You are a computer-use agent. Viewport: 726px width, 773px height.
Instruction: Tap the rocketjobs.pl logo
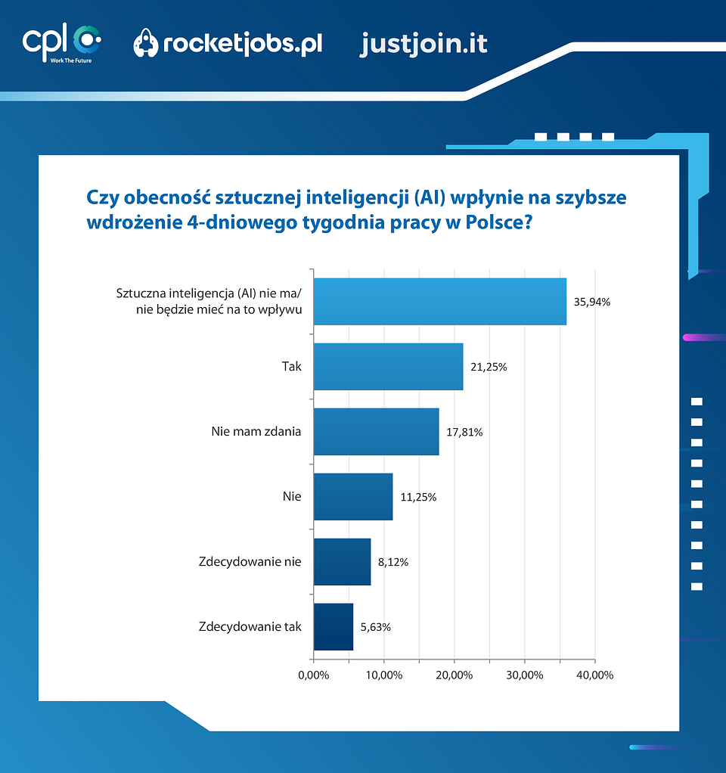click(x=228, y=44)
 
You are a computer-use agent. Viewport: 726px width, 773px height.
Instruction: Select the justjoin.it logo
click(x=423, y=44)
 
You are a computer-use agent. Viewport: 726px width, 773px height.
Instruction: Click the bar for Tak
click(x=387, y=367)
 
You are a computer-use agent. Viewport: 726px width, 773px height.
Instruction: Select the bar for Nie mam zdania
click(x=375, y=432)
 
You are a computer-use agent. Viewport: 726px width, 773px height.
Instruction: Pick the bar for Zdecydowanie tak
click(x=333, y=626)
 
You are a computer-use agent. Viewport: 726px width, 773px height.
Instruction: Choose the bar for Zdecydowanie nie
click(x=342, y=562)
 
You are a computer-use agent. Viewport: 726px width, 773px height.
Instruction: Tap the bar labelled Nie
click(x=352, y=497)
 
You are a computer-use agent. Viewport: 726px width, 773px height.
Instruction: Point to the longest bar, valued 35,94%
click(x=439, y=302)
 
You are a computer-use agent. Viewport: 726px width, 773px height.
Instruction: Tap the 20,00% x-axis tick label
click(x=454, y=675)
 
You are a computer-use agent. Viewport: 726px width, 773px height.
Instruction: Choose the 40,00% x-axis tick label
click(x=594, y=675)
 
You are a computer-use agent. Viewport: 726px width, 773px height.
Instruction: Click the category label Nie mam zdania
click(x=256, y=432)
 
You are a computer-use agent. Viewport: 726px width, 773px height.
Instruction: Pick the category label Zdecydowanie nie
click(x=250, y=562)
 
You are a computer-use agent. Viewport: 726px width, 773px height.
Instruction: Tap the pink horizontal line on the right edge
click(x=703, y=337)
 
